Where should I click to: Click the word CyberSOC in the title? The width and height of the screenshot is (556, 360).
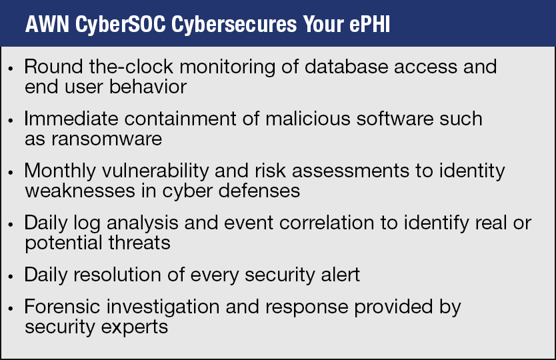pyautogui.click(x=121, y=25)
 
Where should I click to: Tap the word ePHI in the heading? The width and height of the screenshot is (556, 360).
pyautogui.click(x=370, y=24)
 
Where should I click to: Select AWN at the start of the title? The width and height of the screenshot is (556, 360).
pyautogui.click(x=47, y=24)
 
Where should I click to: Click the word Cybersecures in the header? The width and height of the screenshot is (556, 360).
pyautogui.click(x=234, y=25)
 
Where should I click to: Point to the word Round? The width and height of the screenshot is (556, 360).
pyautogui.click(x=53, y=67)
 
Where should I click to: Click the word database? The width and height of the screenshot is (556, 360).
pyautogui.click(x=347, y=67)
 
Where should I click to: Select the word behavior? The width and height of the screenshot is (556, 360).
pyautogui.click(x=148, y=87)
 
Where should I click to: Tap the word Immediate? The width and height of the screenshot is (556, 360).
pyautogui.click(x=71, y=119)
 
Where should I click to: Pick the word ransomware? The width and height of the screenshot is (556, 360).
pyautogui.click(x=107, y=139)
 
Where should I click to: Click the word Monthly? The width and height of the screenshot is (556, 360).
pyautogui.click(x=60, y=171)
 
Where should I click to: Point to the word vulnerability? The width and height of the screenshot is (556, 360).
pyautogui.click(x=155, y=171)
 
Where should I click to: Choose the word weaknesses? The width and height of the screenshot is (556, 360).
pyautogui.click(x=80, y=191)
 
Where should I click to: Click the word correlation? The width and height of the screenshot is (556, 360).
pyautogui.click(x=327, y=223)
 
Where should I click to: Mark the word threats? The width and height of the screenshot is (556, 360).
pyautogui.click(x=139, y=243)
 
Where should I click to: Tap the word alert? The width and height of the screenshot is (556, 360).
pyautogui.click(x=340, y=275)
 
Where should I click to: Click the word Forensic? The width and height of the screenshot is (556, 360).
pyautogui.click(x=62, y=307)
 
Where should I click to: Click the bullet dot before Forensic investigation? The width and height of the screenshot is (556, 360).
pyautogui.click(x=11, y=309)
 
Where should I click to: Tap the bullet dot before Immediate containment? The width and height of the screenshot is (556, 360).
pyautogui.click(x=11, y=121)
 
